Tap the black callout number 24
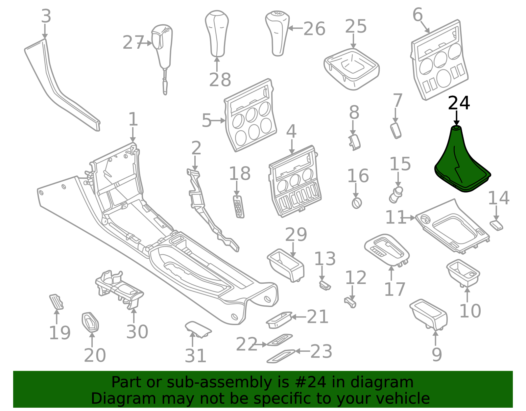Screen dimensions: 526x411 pyautogui.click(x=459, y=103)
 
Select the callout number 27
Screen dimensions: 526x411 pyautogui.click(x=133, y=43)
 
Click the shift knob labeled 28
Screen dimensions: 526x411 pyautogui.click(x=217, y=34)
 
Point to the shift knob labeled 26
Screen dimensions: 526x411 pyautogui.click(x=277, y=34)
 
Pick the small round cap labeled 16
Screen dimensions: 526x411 pyautogui.click(x=357, y=203)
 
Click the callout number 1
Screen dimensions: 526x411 pyautogui.click(x=133, y=119)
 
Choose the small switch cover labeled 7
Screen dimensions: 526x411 pyautogui.click(x=396, y=131)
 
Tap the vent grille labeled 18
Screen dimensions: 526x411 pyautogui.click(x=238, y=207)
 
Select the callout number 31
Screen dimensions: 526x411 pyautogui.click(x=195, y=356)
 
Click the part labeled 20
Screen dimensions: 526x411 pyautogui.click(x=90, y=322)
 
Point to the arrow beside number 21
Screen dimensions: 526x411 pyautogui.click(x=299, y=317)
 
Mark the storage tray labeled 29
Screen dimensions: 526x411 pyautogui.click(x=286, y=266)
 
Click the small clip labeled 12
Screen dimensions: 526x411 pyautogui.click(x=350, y=303)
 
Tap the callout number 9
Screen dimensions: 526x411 pyautogui.click(x=437, y=355)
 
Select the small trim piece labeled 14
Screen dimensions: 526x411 pyautogui.click(x=496, y=225)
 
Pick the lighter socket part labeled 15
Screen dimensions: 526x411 pyautogui.click(x=396, y=194)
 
